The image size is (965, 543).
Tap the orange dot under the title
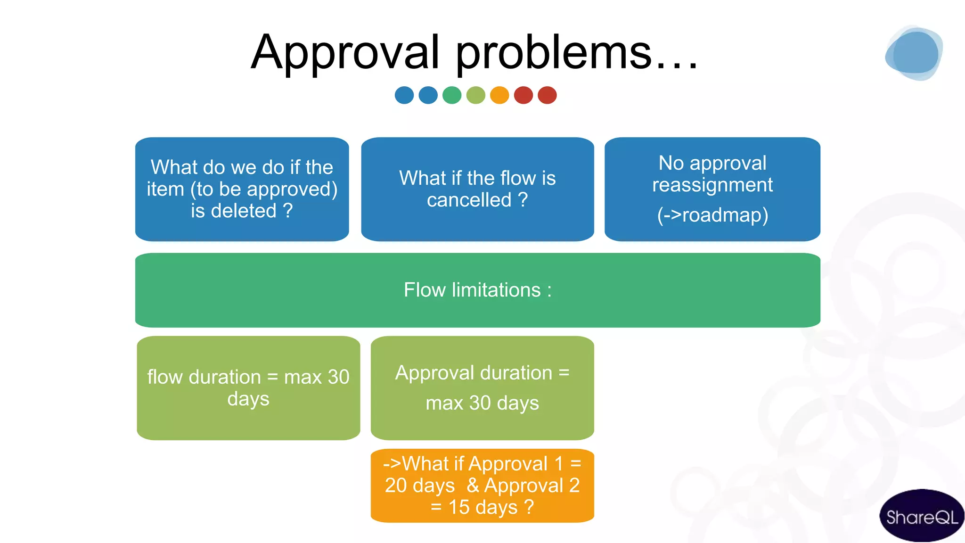(x=499, y=95)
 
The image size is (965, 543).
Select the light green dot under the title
(x=475, y=95)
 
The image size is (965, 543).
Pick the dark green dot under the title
(x=452, y=95)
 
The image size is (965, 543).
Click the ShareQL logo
(x=921, y=517)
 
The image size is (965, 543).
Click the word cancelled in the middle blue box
(x=469, y=200)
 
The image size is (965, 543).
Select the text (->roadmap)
(x=712, y=215)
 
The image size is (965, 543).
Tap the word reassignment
(x=712, y=185)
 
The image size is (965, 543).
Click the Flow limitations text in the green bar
(x=477, y=290)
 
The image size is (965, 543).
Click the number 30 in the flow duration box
(x=338, y=377)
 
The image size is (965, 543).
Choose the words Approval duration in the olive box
(x=474, y=373)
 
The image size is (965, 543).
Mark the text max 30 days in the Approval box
(x=482, y=403)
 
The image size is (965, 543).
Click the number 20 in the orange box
(x=396, y=485)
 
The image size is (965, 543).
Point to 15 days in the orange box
(x=482, y=508)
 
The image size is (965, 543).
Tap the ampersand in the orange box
(x=473, y=485)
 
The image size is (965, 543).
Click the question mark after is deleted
(x=288, y=211)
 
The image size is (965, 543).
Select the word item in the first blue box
(x=165, y=189)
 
